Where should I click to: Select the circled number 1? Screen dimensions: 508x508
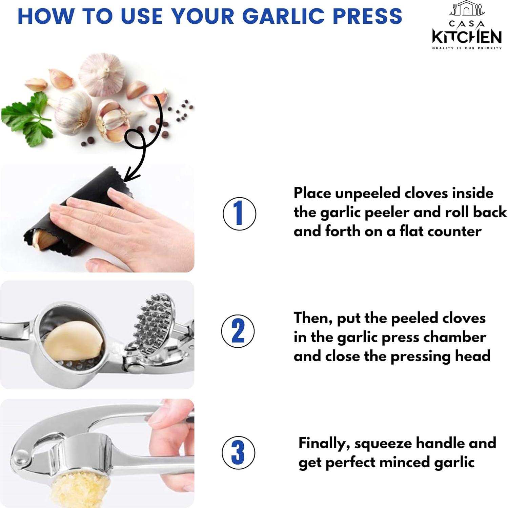[239, 214]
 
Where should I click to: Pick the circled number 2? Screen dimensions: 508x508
[238, 331]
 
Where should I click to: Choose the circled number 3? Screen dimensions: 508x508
[238, 452]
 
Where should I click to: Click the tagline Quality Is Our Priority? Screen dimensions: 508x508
[467, 48]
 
